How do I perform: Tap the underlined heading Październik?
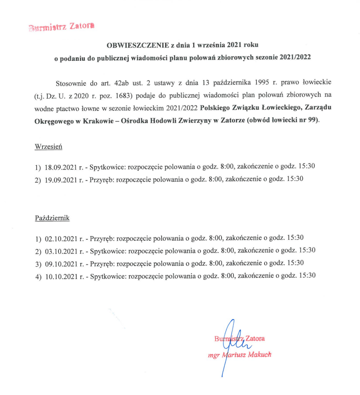coord(52,218)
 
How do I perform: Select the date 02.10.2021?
coord(61,238)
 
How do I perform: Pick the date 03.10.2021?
coord(61,251)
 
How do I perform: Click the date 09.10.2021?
coord(61,263)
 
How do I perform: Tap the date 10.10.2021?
coord(61,276)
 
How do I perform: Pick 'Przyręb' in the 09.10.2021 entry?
coord(101,263)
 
